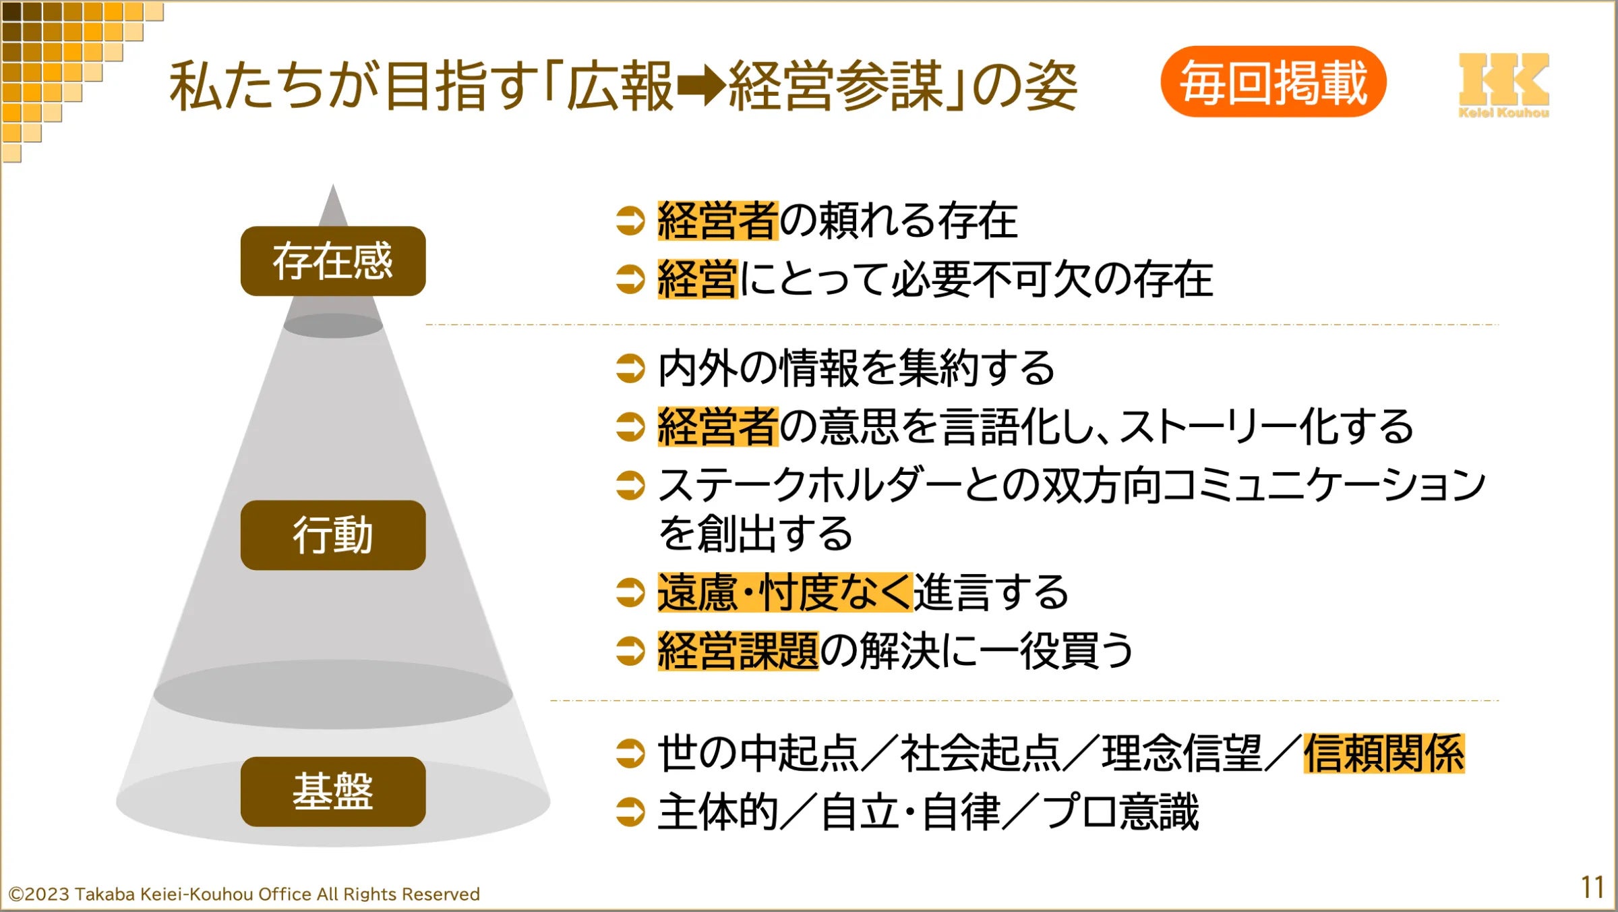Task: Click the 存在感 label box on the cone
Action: click(x=333, y=261)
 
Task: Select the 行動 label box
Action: click(x=333, y=535)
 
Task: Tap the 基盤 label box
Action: click(x=333, y=791)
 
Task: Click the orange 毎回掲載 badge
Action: click(x=1273, y=82)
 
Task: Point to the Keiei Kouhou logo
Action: click(x=1503, y=85)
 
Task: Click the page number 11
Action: click(x=1592, y=888)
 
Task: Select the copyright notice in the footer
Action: click(x=244, y=894)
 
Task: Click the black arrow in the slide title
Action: click(x=701, y=86)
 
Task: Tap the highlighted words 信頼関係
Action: click(x=1383, y=753)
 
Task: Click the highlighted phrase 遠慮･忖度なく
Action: click(x=785, y=592)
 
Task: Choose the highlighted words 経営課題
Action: click(x=738, y=651)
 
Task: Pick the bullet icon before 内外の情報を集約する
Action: click(x=630, y=368)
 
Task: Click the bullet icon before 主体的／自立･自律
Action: click(x=630, y=811)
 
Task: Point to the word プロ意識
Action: click(x=1120, y=811)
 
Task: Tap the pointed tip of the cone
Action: click(x=333, y=189)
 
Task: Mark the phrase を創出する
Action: click(x=755, y=534)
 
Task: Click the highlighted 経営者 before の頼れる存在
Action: click(x=718, y=221)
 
